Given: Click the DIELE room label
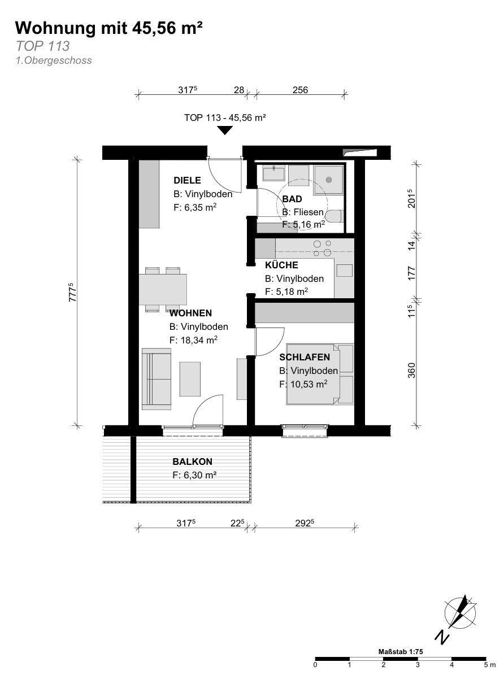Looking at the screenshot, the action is pos(187,180).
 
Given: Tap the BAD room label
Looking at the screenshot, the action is pos(292,199).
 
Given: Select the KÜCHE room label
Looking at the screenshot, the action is pos(281,265).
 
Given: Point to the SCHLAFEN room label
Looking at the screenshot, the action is pos(305,358).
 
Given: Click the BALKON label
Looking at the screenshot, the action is pos(192,462).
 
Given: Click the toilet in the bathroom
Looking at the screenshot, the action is pos(334,216).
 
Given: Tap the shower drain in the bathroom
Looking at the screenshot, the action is pos(329,180).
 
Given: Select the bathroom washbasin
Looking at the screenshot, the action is pos(273,173).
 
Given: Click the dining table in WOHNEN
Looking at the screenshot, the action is pos(163,289).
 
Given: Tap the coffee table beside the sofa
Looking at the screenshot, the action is pos(190,379).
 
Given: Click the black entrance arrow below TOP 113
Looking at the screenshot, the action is pos(225,130).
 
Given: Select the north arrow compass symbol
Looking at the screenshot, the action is pos(459,613).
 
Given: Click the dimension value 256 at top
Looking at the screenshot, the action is pos(300,90).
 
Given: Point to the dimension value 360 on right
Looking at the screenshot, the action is pos(412,371).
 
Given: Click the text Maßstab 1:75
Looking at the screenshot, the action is pos(401,652).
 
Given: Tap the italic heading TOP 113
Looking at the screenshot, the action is pos(42,46).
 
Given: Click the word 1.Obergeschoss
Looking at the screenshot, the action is pos(54,60).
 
